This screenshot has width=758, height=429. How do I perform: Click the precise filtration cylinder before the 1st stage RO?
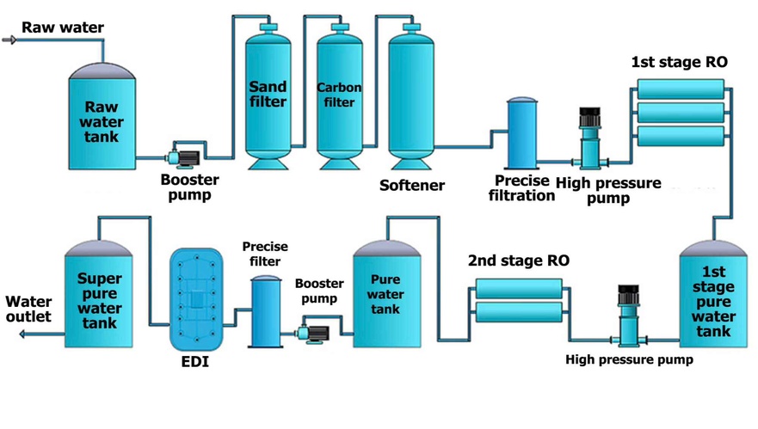tap(523, 133)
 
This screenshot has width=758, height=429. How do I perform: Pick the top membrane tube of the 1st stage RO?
tap(681, 89)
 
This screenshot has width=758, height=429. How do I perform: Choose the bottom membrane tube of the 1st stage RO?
tap(681, 136)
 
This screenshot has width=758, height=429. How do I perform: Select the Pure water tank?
tap(386, 293)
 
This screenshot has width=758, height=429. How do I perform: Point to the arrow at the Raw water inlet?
tap(10, 40)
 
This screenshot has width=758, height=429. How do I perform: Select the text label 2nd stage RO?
tap(519, 260)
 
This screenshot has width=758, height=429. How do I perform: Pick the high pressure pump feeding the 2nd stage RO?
tap(627, 314)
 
